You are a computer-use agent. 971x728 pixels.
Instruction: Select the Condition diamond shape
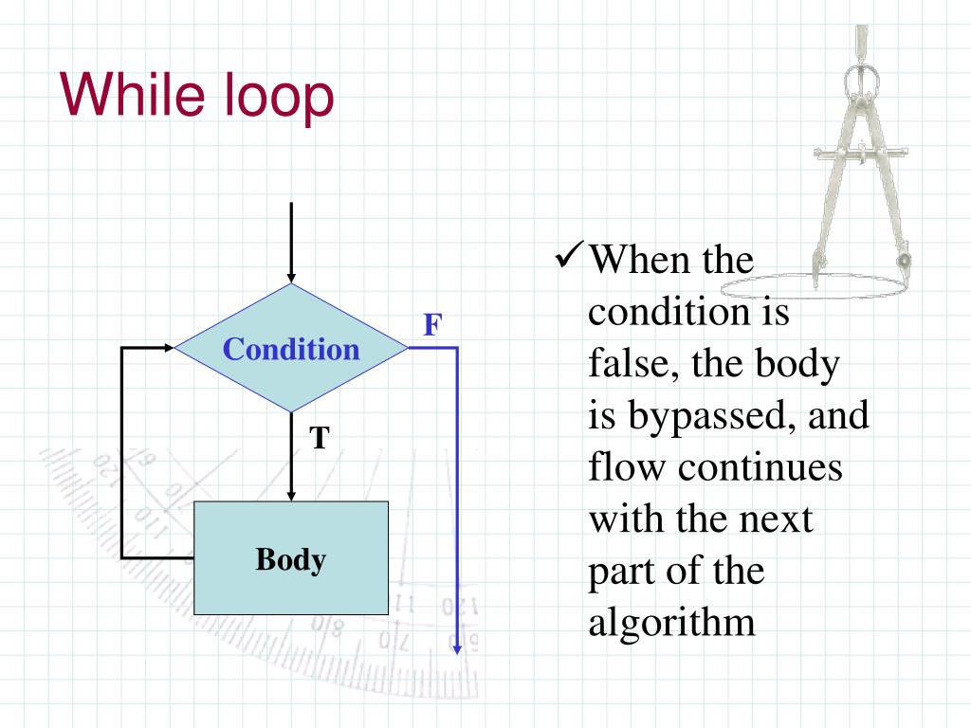coord(291,349)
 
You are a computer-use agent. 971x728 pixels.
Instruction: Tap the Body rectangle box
coord(291,558)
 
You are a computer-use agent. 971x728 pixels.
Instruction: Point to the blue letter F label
coord(431,326)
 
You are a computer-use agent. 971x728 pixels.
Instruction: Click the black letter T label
coord(320,438)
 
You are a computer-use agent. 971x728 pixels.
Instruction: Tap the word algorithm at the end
coord(671,623)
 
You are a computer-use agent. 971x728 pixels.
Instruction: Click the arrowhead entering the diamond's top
coord(291,275)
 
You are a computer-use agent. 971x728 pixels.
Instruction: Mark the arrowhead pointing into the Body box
coord(291,494)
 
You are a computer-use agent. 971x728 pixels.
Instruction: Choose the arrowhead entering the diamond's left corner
coord(169,348)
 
